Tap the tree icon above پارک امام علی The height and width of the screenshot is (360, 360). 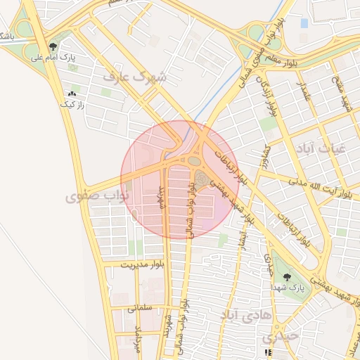[x=53, y=46]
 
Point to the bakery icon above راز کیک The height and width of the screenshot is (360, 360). [x=72, y=94]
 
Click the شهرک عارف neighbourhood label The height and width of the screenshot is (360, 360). [x=134, y=76]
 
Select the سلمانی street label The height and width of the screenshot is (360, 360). [x=141, y=308]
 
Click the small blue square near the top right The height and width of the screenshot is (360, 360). [x=304, y=23]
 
